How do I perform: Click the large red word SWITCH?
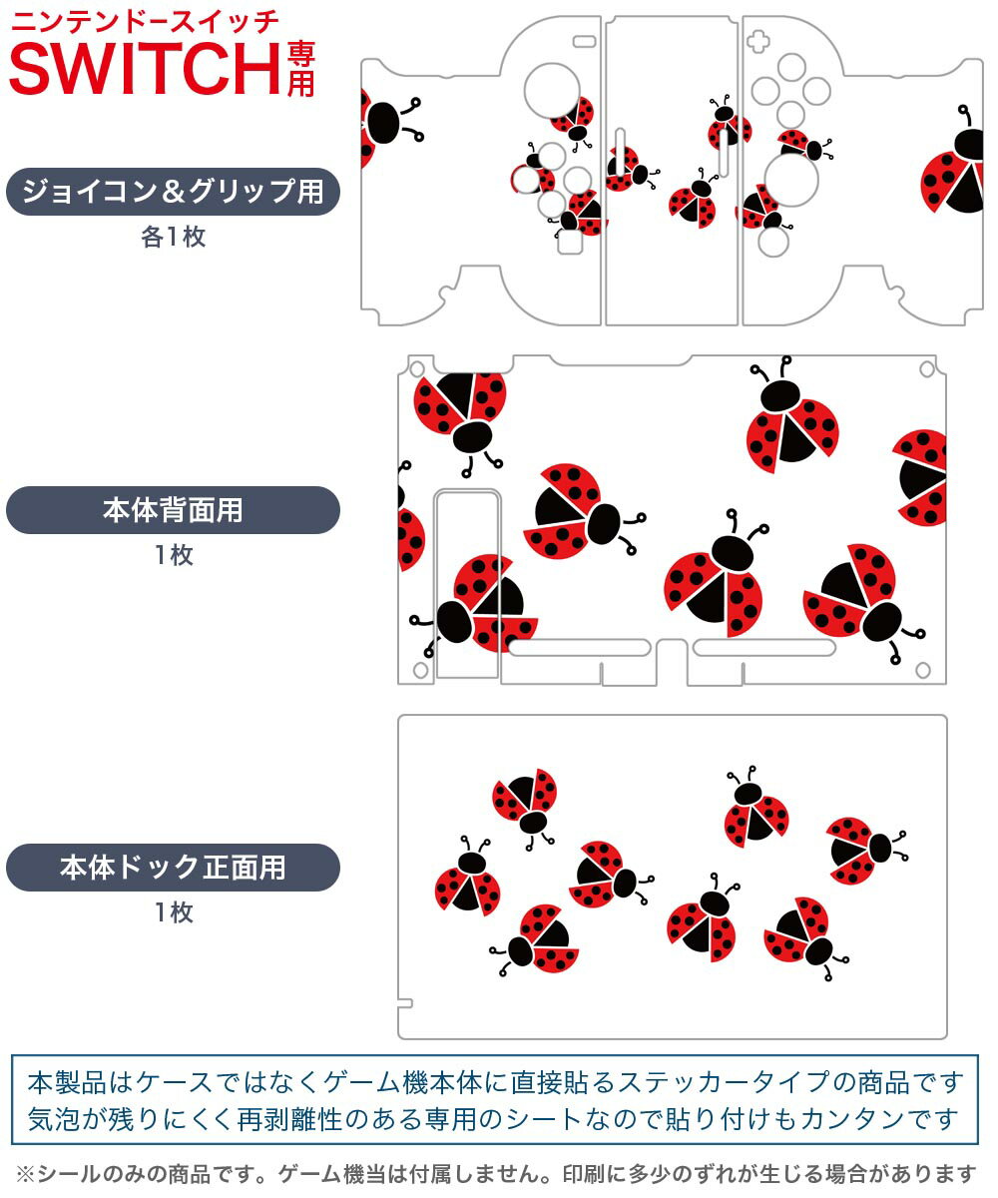(145, 68)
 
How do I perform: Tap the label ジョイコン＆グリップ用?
(173, 192)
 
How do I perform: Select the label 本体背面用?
(173, 510)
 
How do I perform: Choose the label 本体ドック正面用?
(173, 868)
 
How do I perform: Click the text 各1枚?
(173, 238)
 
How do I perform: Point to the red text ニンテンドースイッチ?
(144, 21)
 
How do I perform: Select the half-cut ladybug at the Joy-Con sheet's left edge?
(380, 125)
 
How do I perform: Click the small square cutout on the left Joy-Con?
(569, 243)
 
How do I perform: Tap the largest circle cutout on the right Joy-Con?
(791, 180)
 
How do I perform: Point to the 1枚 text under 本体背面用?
(173, 555)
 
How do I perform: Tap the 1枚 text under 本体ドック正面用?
(173, 912)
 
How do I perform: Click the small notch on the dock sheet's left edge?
(403, 1001)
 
